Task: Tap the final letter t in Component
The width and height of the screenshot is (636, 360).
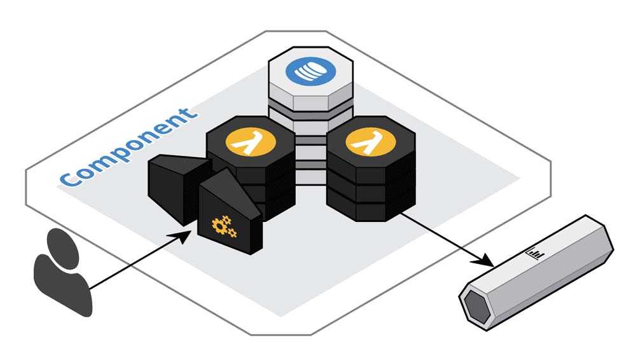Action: coord(184,116)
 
